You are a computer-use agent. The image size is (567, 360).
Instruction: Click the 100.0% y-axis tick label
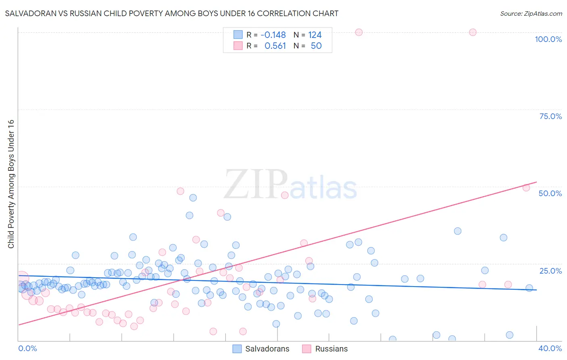click(548, 39)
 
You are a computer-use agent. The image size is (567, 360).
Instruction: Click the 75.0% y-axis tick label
click(550, 116)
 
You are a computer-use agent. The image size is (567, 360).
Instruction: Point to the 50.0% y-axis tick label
click(550, 193)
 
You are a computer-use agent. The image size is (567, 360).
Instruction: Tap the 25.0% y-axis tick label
click(550, 271)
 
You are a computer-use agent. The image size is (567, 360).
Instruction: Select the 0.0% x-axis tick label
click(27, 348)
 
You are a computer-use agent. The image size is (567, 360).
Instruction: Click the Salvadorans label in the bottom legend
click(267, 349)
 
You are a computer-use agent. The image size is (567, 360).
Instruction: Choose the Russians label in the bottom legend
click(331, 349)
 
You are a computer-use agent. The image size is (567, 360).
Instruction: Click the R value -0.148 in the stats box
click(273, 35)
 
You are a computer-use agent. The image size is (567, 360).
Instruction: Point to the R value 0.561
click(275, 46)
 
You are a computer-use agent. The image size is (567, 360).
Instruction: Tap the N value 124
click(315, 35)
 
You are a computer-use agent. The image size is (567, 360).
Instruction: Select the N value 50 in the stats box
click(316, 46)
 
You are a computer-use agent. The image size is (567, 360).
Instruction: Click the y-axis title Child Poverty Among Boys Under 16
click(11, 184)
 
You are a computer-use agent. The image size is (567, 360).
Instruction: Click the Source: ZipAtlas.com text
click(531, 14)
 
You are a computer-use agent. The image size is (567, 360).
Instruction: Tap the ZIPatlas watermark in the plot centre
click(290, 184)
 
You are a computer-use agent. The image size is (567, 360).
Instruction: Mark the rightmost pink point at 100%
click(473, 32)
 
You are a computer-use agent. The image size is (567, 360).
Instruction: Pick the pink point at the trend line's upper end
click(526, 188)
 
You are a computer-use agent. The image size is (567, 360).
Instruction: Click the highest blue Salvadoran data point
click(193, 198)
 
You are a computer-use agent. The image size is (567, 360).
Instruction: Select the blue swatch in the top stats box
click(238, 35)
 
